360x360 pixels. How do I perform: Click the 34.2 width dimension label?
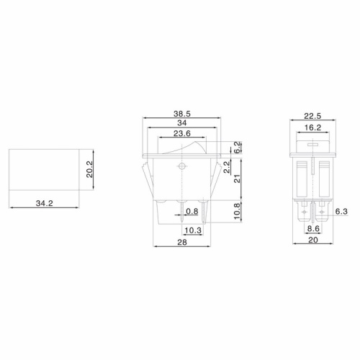(45, 204)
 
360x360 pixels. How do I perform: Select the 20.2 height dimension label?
(90, 169)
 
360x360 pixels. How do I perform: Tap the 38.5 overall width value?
(182, 114)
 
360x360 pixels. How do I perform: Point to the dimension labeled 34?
(183, 124)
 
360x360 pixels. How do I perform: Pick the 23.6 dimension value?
(183, 134)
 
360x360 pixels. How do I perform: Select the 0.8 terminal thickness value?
(192, 212)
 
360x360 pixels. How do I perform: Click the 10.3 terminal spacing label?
(192, 230)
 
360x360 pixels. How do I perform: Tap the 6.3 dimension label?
(341, 212)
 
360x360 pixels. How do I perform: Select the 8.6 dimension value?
(313, 230)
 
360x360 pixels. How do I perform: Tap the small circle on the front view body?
(182, 166)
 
